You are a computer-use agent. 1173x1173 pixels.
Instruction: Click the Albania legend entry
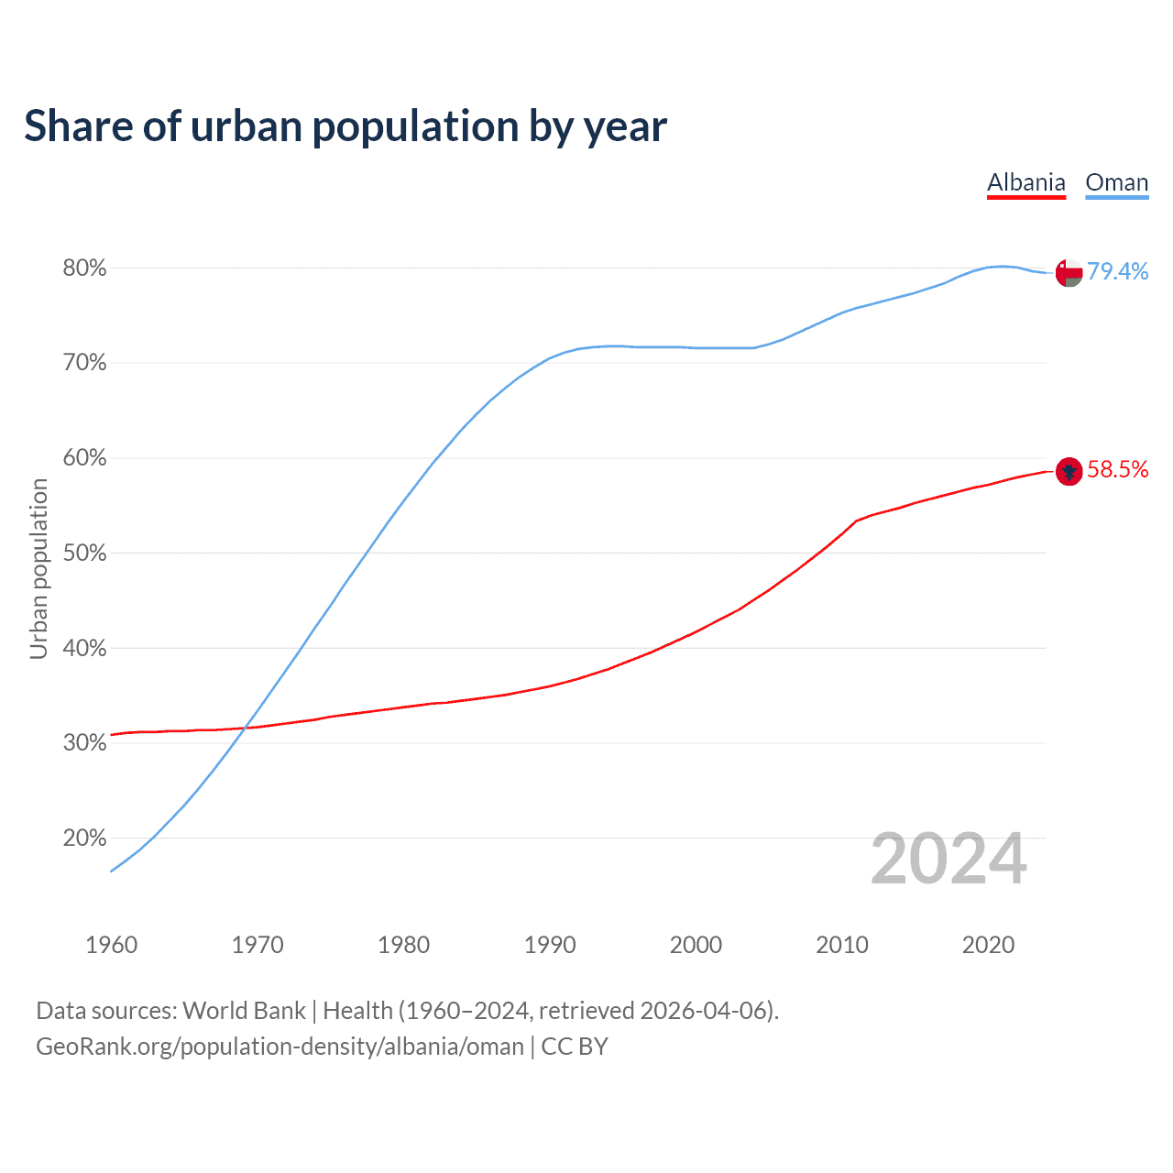pyautogui.click(x=1025, y=182)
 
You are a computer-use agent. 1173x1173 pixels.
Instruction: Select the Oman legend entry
pyautogui.click(x=1116, y=182)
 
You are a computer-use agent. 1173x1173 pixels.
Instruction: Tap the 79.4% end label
pyautogui.click(x=1117, y=271)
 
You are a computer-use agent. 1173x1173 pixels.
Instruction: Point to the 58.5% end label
pyautogui.click(x=1117, y=470)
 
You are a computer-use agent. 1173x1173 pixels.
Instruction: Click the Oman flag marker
pyautogui.click(x=1069, y=272)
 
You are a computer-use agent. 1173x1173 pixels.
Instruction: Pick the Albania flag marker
pyautogui.click(x=1069, y=471)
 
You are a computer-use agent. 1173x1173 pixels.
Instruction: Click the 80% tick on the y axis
pyautogui.click(x=84, y=269)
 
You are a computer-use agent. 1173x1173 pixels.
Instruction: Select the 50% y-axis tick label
pyautogui.click(x=84, y=554)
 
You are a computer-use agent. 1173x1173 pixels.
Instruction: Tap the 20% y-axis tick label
pyautogui.click(x=84, y=839)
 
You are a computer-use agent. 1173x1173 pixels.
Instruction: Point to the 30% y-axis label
pyautogui.click(x=84, y=743)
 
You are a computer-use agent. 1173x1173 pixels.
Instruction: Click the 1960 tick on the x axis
pyautogui.click(x=111, y=945)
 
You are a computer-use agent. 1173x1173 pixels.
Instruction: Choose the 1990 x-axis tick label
pyautogui.click(x=550, y=945)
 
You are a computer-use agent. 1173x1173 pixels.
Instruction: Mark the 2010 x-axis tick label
pyautogui.click(x=841, y=945)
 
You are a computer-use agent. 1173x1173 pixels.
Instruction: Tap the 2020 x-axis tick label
pyautogui.click(x=988, y=945)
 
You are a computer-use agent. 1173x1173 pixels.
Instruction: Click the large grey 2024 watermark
pyautogui.click(x=948, y=859)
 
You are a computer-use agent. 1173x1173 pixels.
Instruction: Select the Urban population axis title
pyautogui.click(x=38, y=568)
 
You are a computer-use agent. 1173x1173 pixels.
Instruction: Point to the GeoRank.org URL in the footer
pyautogui.click(x=280, y=1047)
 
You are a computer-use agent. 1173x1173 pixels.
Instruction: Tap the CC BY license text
pyautogui.click(x=575, y=1047)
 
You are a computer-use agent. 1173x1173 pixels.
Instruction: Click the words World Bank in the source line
pyautogui.click(x=244, y=1011)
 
